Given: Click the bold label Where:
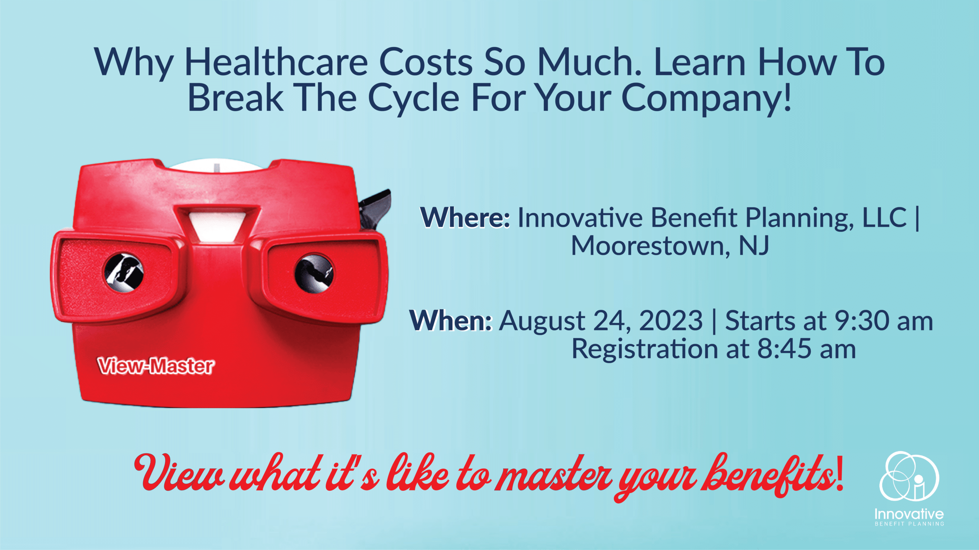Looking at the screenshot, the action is point(465,217).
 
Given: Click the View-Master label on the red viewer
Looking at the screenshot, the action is point(156,366).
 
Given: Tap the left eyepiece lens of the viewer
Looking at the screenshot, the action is point(124,272).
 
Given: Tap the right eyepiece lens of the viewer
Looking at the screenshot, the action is point(314,273).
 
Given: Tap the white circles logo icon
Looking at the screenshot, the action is point(909,476).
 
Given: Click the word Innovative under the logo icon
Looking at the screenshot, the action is point(909,514).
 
